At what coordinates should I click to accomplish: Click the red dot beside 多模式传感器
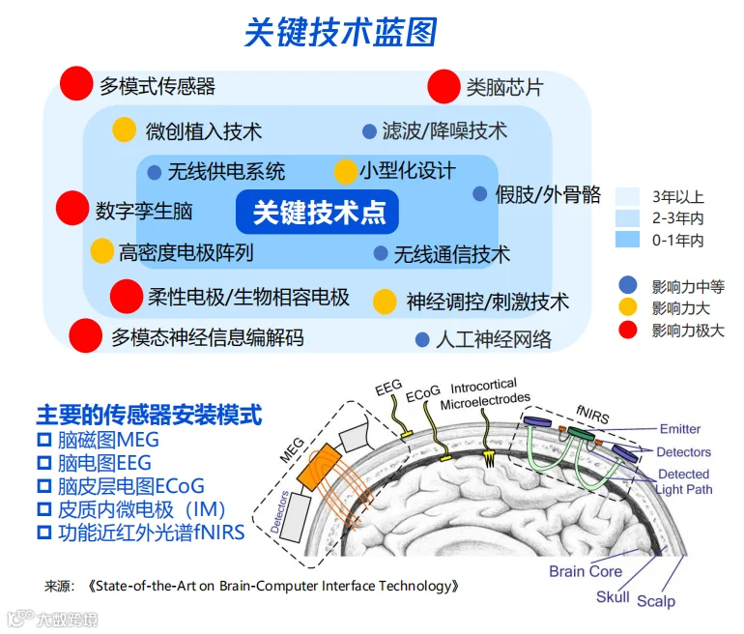[76, 83]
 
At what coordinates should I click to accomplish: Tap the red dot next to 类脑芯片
[444, 86]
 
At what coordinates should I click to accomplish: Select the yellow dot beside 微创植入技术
[125, 130]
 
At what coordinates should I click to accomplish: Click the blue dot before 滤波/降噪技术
[369, 131]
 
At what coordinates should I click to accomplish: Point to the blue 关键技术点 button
[317, 212]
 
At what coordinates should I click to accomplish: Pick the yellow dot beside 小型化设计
[346, 172]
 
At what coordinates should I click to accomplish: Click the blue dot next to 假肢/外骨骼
[479, 193]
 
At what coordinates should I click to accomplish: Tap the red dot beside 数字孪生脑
[72, 208]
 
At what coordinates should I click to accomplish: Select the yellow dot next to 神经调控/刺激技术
[385, 302]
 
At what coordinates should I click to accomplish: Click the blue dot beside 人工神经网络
[422, 339]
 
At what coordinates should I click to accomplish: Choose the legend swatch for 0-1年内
[627, 240]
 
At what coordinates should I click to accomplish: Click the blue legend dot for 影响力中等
[628, 285]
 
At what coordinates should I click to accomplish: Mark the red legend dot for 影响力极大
[628, 330]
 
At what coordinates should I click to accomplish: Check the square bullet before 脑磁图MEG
[44, 440]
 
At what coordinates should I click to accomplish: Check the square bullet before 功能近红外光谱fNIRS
[44, 533]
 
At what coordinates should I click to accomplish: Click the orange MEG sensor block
[319, 468]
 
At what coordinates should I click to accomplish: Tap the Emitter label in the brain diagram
[680, 429]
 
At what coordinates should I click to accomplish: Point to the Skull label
[613, 596]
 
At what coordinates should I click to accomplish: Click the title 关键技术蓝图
[340, 33]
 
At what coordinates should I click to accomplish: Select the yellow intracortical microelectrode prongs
[489, 457]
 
